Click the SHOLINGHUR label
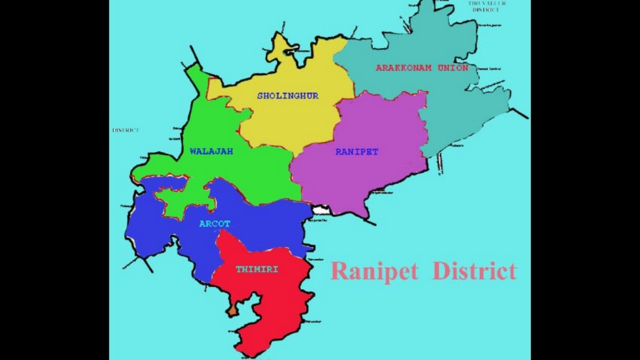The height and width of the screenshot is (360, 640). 287,96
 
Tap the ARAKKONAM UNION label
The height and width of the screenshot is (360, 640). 422,68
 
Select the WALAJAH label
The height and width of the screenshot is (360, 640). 211,151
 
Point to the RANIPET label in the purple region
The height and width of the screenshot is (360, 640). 357,152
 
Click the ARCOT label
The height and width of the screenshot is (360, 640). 214,224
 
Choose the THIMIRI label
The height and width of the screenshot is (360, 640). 257,270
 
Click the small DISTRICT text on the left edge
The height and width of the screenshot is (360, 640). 126,130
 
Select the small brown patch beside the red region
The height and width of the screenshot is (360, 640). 232,310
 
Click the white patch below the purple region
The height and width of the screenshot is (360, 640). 322,210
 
